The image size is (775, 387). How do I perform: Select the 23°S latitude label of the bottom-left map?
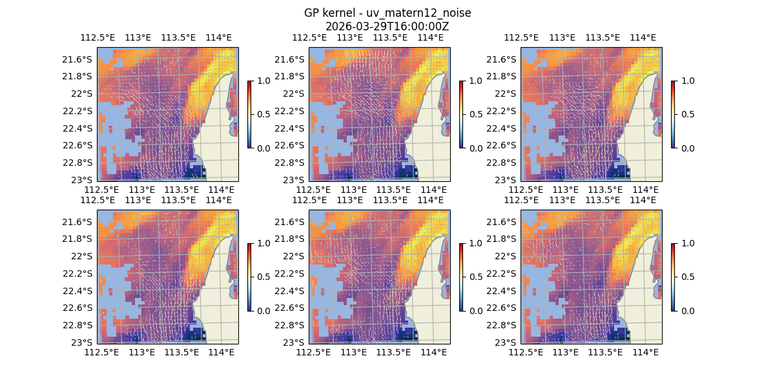(x=83, y=342)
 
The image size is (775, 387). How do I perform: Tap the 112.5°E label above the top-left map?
(x=96, y=37)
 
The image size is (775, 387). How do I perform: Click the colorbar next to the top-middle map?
(x=462, y=114)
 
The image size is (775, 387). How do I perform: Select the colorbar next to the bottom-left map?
(x=250, y=277)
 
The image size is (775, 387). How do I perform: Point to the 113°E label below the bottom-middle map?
(x=354, y=352)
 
